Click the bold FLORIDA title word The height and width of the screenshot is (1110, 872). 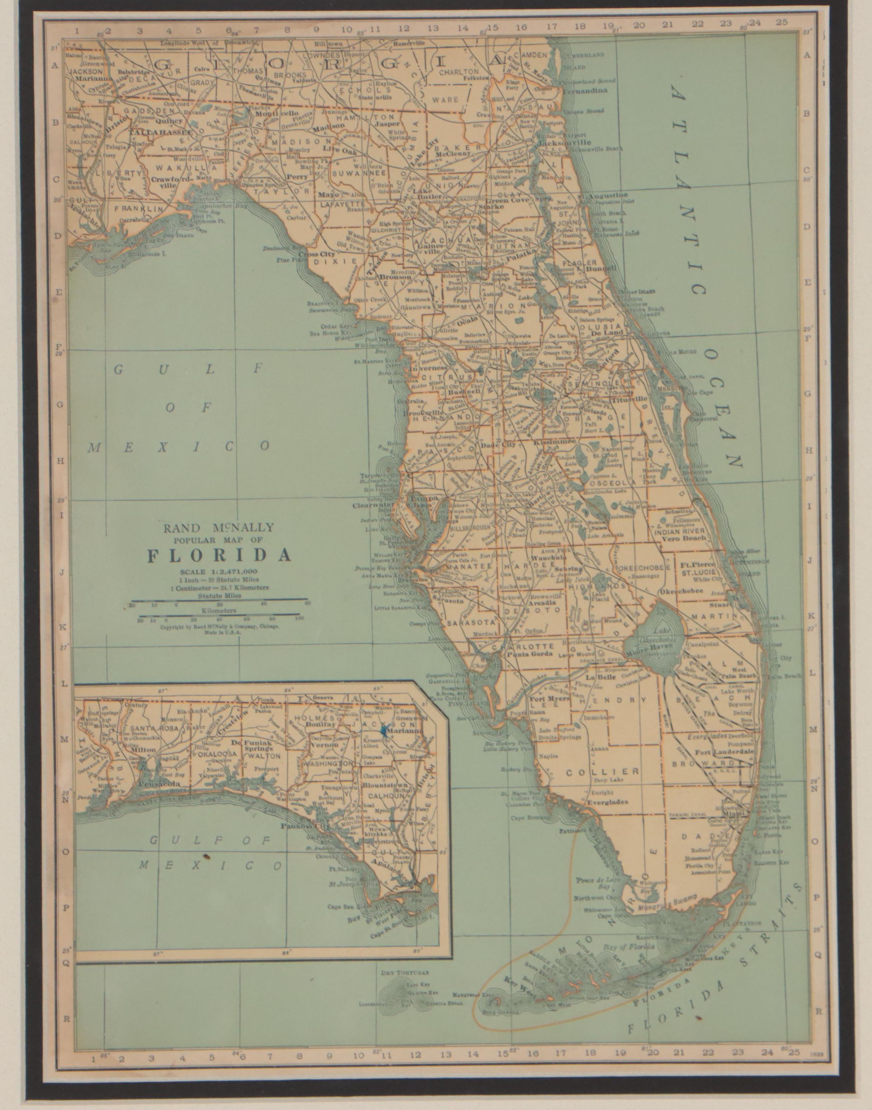point(219,555)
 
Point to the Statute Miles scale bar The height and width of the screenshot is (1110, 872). point(219,600)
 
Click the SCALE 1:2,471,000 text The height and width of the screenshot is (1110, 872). point(219,571)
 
